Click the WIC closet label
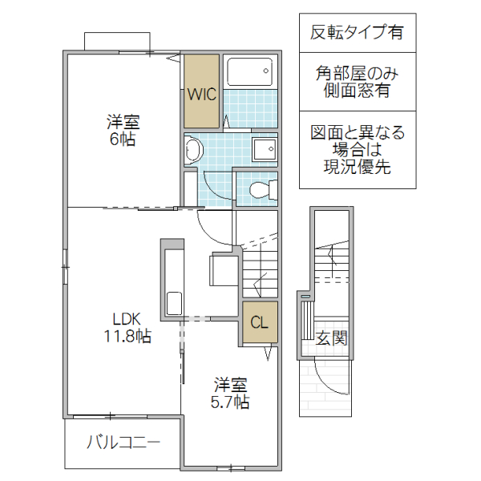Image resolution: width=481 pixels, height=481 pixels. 200,94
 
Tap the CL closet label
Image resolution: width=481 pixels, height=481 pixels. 259,323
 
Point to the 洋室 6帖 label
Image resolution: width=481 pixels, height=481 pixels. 123,131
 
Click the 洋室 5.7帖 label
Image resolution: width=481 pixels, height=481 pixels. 231,393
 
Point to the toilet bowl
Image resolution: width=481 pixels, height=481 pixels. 261,190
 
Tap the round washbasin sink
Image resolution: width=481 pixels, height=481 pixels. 192,149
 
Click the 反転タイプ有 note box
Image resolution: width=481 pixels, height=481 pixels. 357,33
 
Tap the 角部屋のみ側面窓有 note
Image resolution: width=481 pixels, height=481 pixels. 357,82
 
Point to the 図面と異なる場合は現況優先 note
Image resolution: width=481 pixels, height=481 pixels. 357,150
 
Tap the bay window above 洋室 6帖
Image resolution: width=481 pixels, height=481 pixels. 117,42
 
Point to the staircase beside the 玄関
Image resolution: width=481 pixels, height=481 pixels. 331,257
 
